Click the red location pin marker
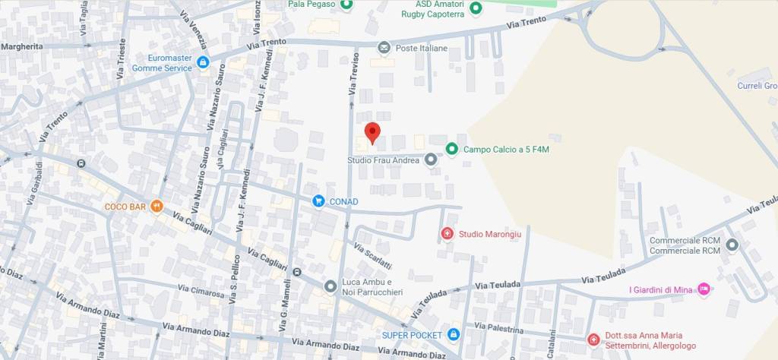click(372, 133)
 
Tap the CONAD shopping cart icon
click(318, 201)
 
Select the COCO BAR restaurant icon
click(157, 206)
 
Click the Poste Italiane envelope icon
click(384, 48)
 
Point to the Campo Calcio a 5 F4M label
click(506, 149)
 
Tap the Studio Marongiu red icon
click(447, 234)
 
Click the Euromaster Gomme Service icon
click(202, 62)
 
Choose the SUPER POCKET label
click(412, 335)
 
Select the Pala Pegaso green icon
click(346, 5)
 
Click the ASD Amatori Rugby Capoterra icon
click(476, 8)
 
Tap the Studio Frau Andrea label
click(384, 160)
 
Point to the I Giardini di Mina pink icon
click(704, 289)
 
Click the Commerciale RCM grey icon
click(732, 245)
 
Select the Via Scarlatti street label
click(372, 256)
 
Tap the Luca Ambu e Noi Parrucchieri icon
click(330, 286)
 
